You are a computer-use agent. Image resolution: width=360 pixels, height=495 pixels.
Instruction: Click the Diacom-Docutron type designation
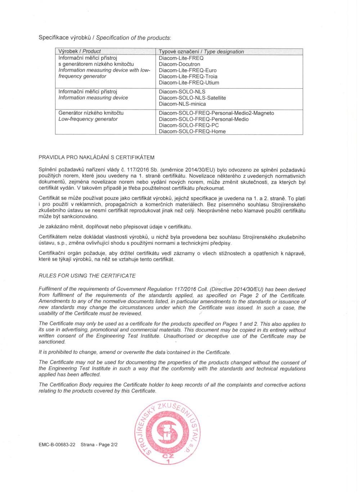(x=179, y=64)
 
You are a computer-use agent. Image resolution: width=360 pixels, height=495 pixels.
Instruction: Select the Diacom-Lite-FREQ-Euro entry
(x=188, y=70)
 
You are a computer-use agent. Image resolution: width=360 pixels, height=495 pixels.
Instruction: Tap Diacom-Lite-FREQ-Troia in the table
(x=188, y=76)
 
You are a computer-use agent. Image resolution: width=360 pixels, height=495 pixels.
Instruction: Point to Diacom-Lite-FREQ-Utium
(x=189, y=82)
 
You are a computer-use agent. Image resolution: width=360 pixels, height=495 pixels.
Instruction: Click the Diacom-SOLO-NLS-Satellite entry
(x=192, y=98)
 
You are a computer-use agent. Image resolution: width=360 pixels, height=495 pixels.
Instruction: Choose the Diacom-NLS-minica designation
(x=182, y=104)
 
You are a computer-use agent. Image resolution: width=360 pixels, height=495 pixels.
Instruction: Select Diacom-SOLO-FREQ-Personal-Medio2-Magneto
(x=216, y=113)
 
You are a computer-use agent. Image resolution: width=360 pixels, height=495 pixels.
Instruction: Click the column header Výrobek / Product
(x=80, y=51)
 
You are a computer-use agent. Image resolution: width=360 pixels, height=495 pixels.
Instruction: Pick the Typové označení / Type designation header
(x=201, y=51)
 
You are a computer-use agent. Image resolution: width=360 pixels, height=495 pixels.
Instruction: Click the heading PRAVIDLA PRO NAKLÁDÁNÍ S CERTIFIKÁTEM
(x=96, y=157)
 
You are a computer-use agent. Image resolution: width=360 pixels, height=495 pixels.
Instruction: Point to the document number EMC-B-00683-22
(x=57, y=445)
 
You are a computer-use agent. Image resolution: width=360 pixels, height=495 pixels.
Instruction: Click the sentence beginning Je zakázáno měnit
(x=115, y=227)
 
